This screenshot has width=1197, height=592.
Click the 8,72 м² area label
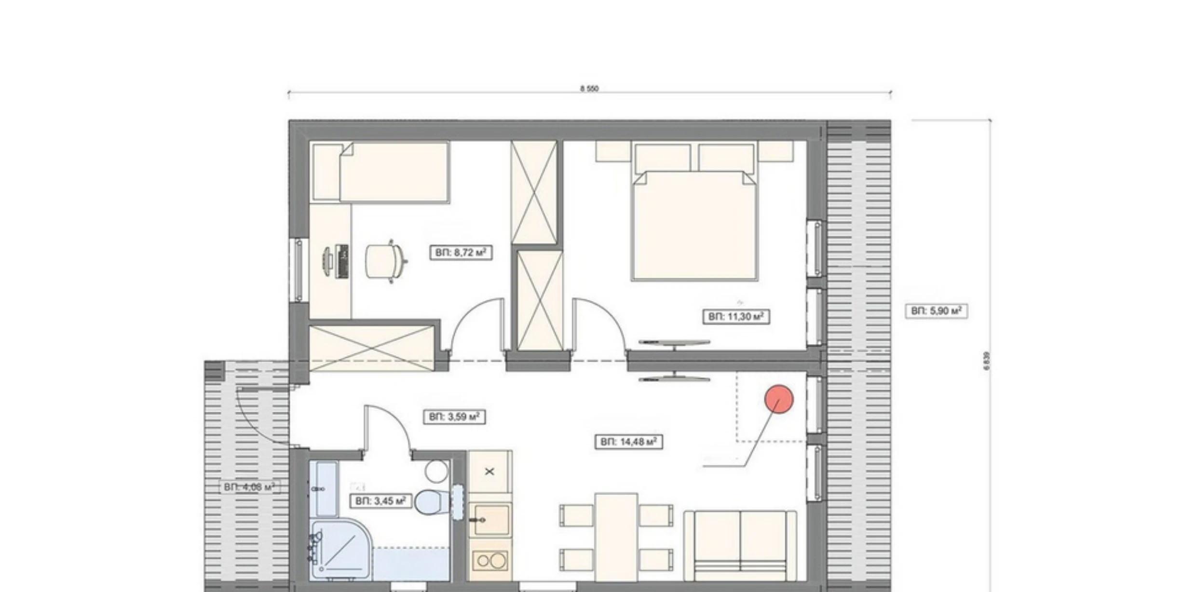point(461,253)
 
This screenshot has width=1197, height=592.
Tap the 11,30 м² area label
point(736,317)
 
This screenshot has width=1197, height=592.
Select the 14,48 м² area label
point(629,442)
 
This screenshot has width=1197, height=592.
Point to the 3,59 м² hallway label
point(454,417)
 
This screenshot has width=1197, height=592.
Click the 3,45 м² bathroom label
point(381,501)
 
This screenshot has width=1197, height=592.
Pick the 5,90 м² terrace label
point(936,311)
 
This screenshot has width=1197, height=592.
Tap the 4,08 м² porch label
point(249,487)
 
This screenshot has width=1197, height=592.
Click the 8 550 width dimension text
point(589,89)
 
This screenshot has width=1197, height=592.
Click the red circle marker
point(779,399)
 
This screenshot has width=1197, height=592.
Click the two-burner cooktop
point(490,561)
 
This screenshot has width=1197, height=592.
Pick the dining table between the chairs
point(616,537)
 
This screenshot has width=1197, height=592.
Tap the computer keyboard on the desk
point(343,261)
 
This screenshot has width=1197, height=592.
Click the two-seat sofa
point(740,545)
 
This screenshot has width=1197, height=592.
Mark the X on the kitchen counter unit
point(490,471)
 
